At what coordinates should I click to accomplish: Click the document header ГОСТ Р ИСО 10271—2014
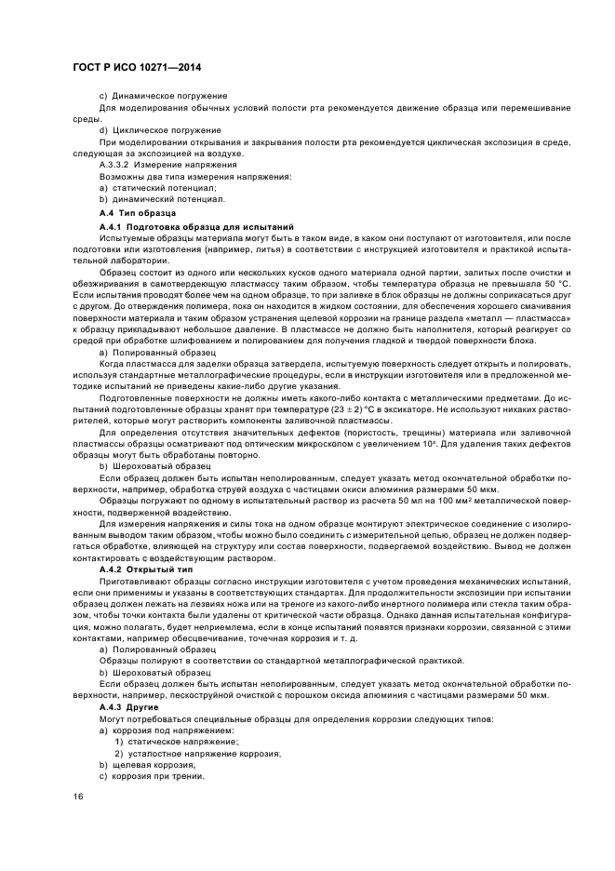coord(138,69)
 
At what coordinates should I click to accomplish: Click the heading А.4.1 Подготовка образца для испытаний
coord(196,227)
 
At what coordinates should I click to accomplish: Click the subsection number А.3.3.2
coord(117,164)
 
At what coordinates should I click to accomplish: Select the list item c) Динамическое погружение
coord(162,96)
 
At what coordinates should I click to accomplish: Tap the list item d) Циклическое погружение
coord(160,129)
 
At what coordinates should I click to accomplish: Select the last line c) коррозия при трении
coord(151,776)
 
